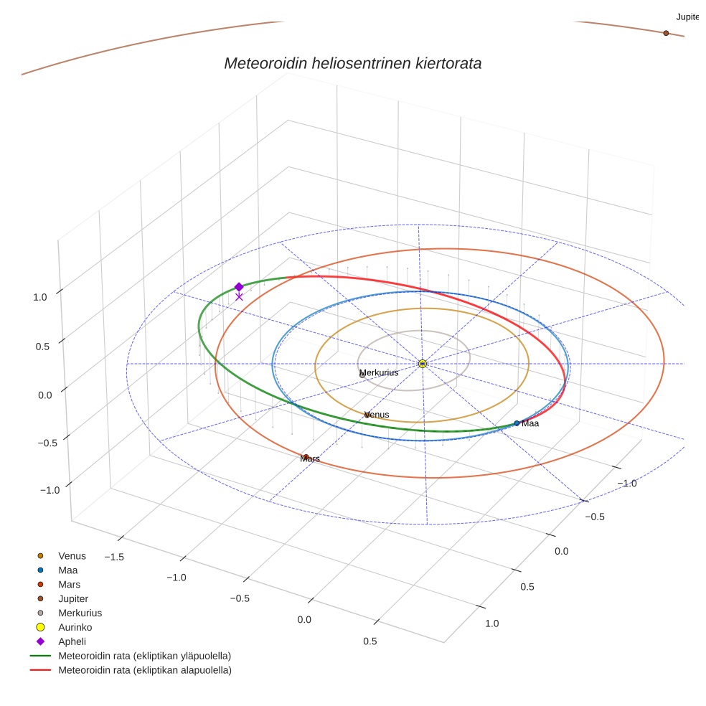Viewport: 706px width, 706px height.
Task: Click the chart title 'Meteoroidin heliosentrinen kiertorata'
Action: pyautogui.click(x=352, y=63)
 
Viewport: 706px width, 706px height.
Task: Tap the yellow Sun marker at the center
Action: pyautogui.click(x=423, y=364)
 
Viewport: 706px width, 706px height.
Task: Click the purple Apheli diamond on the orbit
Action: pyautogui.click(x=239, y=287)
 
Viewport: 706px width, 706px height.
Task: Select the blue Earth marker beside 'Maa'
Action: pyautogui.click(x=517, y=423)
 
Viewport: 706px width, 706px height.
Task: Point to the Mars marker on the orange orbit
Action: pyautogui.click(x=306, y=457)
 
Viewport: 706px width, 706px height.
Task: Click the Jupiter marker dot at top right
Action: pyautogui.click(x=666, y=33)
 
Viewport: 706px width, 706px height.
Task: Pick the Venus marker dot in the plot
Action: pyautogui.click(x=367, y=415)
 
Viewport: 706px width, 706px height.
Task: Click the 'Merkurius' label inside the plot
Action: pyautogui.click(x=379, y=373)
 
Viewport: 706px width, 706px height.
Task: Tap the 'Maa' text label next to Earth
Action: pyautogui.click(x=530, y=424)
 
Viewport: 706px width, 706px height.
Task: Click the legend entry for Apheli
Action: pyautogui.click(x=72, y=641)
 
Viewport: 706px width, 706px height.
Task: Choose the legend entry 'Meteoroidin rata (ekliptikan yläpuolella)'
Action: pyautogui.click(x=144, y=656)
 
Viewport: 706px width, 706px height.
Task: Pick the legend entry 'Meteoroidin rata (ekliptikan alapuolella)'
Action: pyautogui.click(x=144, y=670)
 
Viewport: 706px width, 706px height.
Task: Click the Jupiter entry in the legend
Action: pyautogui.click(x=73, y=598)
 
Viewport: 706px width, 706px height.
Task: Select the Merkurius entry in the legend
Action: pyautogui.click(x=80, y=613)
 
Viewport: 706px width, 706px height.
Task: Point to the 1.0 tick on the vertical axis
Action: pyautogui.click(x=40, y=297)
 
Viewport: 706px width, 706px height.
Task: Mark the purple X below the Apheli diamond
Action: pyautogui.click(x=239, y=296)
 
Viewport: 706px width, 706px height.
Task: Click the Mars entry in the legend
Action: pyautogui.click(x=70, y=584)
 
